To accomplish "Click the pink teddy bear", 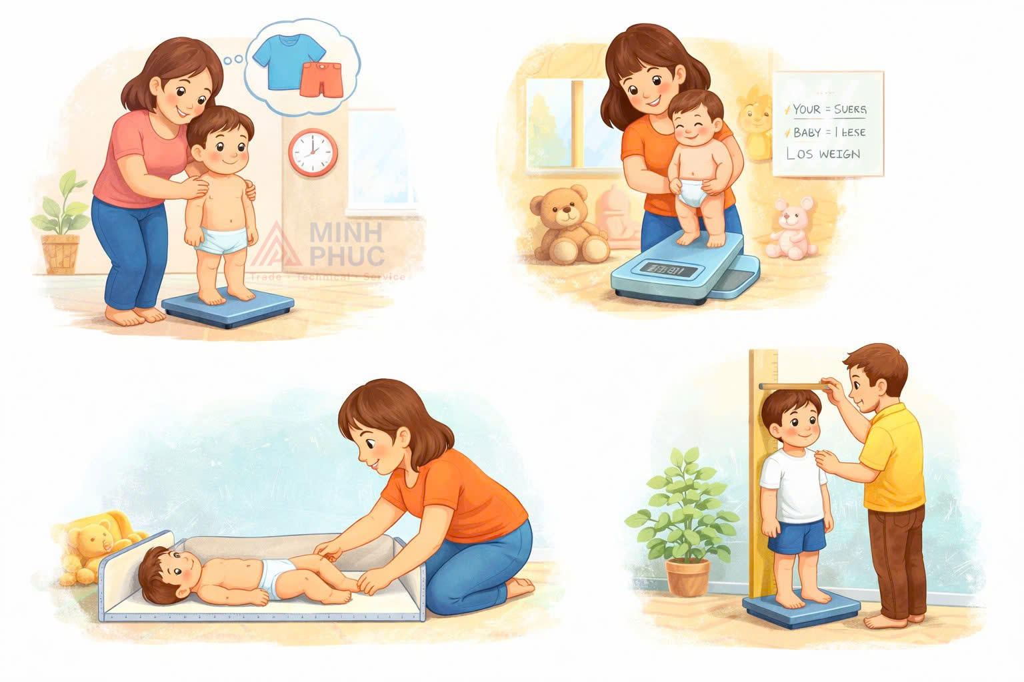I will click(x=791, y=228).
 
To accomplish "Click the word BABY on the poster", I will click(x=807, y=133).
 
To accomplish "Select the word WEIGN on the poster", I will click(x=840, y=154).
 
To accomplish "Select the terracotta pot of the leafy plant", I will click(x=688, y=577).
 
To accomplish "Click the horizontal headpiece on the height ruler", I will click(x=793, y=386).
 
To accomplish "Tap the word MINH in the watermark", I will click(x=347, y=233).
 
